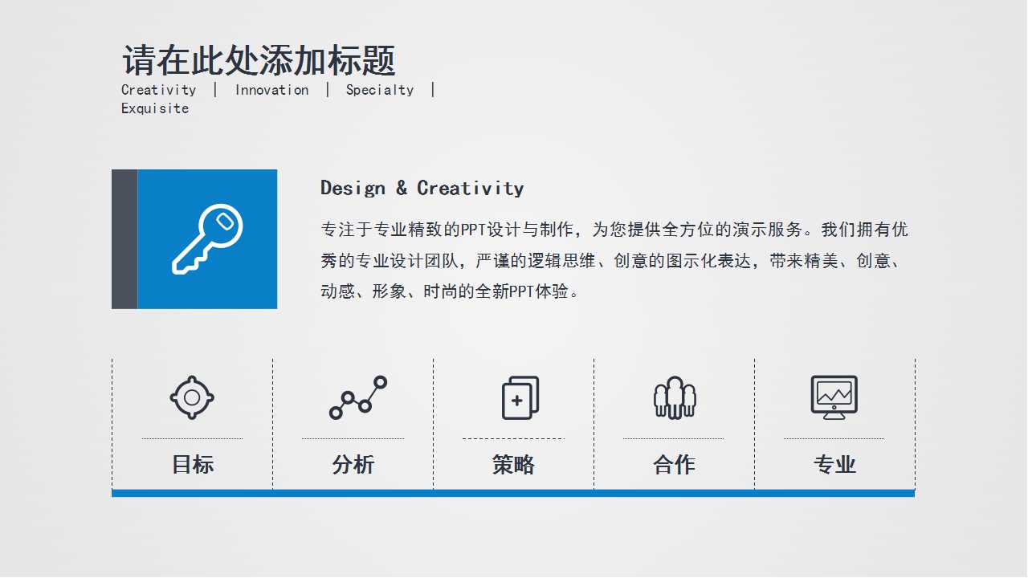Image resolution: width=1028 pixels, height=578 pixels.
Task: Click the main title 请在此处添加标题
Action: point(259,61)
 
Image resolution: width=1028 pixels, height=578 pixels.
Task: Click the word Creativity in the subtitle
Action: point(159,90)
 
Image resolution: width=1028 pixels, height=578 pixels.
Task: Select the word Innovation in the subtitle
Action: point(271,90)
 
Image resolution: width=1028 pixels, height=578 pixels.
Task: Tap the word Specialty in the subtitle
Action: point(380,90)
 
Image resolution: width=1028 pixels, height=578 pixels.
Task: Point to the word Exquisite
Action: point(155,108)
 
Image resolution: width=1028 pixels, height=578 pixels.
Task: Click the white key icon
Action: point(207,239)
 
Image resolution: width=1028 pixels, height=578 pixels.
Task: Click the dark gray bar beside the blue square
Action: point(124,239)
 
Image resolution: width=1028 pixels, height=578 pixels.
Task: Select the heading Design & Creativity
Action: point(422,189)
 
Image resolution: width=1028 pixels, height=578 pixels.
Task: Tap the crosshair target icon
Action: point(192,397)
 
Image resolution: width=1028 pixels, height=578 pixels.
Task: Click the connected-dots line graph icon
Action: point(358,397)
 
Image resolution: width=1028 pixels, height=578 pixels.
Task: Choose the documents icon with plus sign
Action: point(520,397)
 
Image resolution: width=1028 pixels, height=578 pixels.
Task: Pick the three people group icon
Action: point(675,397)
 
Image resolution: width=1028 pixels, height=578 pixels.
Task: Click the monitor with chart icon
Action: point(834,397)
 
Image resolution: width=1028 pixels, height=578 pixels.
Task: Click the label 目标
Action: point(192,465)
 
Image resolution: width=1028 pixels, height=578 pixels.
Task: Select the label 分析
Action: point(353,465)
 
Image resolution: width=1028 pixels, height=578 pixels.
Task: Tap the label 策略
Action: point(513,465)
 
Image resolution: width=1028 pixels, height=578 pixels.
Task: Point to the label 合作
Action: point(674,465)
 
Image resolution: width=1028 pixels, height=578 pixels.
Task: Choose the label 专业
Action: point(834,465)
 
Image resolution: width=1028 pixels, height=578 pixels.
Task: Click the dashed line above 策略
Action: point(513,439)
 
